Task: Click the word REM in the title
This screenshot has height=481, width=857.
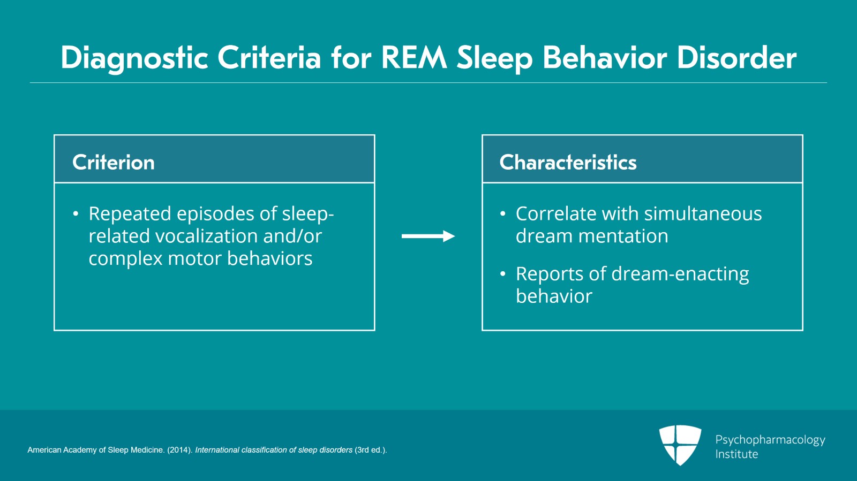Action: point(414,58)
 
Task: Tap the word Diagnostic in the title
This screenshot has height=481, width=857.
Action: point(134,58)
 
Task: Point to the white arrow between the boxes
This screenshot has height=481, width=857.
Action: point(428,236)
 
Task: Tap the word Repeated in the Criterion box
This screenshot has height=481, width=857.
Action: point(130,213)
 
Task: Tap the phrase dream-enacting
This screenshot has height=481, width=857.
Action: point(680,274)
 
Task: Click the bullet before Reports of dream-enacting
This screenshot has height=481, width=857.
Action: point(502,274)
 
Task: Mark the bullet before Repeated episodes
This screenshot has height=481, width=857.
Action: point(76,214)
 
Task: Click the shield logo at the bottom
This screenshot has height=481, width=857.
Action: point(680,445)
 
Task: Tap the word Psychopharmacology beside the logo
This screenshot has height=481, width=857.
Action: point(770,440)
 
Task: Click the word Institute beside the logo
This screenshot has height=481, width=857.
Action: point(736,454)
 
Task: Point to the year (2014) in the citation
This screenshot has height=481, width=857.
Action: point(179,450)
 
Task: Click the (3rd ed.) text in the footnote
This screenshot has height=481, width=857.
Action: point(370,450)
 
